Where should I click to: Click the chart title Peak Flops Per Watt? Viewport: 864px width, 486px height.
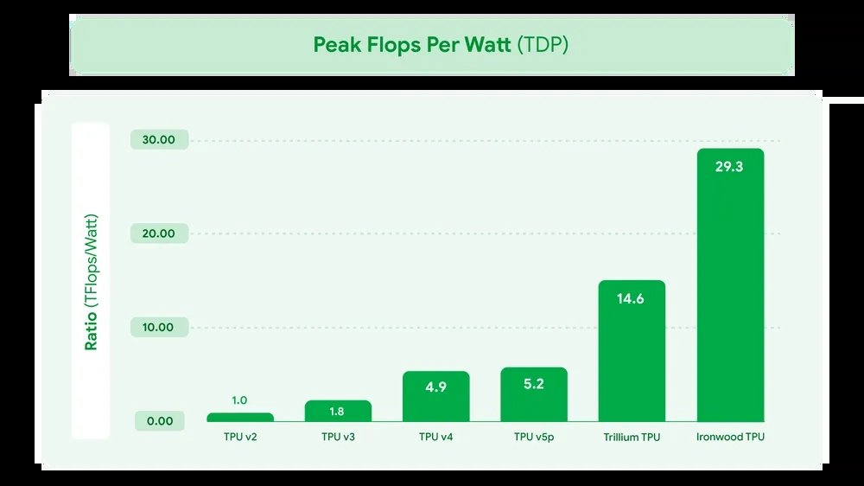412,45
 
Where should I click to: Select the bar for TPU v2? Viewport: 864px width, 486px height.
240,417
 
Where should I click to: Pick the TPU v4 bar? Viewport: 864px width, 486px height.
435,397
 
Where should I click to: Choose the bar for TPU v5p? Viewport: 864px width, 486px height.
534,395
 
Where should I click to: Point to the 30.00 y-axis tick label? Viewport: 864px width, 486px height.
158,140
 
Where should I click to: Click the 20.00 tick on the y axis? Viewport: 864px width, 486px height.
158,233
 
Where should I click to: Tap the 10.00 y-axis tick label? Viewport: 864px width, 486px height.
158,328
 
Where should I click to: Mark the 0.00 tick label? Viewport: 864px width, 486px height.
158,421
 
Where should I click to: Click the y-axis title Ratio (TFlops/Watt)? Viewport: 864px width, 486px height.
91,281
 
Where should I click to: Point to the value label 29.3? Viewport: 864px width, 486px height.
729,166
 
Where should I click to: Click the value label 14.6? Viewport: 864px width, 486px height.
632,298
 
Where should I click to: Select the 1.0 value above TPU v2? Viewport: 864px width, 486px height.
240,400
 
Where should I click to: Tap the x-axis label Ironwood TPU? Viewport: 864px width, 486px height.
730,438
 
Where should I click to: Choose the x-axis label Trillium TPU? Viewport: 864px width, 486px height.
632,438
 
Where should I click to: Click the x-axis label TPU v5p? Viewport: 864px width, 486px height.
534,438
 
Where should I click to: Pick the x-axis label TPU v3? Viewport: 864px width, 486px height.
338,438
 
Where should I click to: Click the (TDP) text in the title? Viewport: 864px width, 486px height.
543,45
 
